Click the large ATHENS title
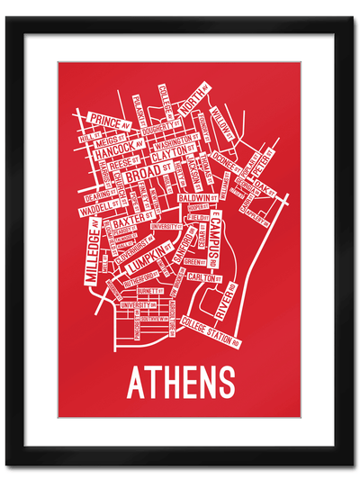click(x=181, y=382)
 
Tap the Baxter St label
click(x=134, y=219)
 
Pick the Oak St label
click(x=263, y=186)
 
